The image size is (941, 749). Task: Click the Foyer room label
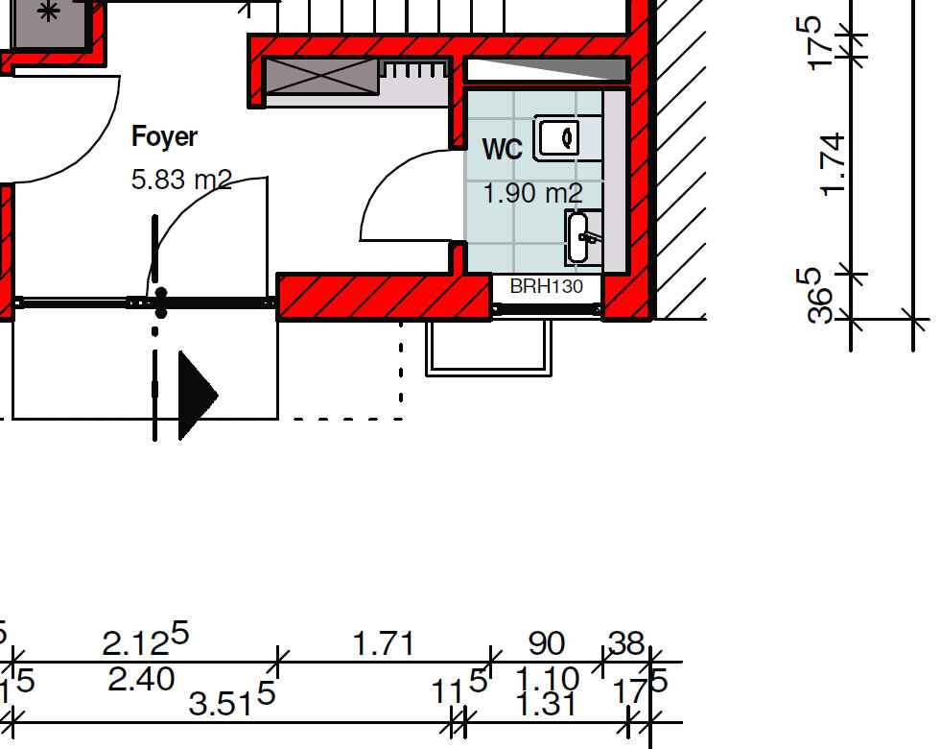[x=164, y=137]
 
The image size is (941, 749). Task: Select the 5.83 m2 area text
[x=181, y=180]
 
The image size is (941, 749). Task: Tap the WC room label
[x=502, y=150]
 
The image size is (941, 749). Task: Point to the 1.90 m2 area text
[x=532, y=193]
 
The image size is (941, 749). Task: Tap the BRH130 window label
[x=546, y=286]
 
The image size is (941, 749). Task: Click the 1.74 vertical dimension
[x=833, y=164]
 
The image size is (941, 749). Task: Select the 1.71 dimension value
[x=384, y=643]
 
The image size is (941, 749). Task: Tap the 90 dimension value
[x=546, y=643]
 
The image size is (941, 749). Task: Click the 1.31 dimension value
[x=546, y=706]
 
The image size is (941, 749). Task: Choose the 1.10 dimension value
[x=548, y=679]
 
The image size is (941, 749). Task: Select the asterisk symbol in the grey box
[x=48, y=12]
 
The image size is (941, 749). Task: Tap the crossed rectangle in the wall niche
[x=320, y=75]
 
